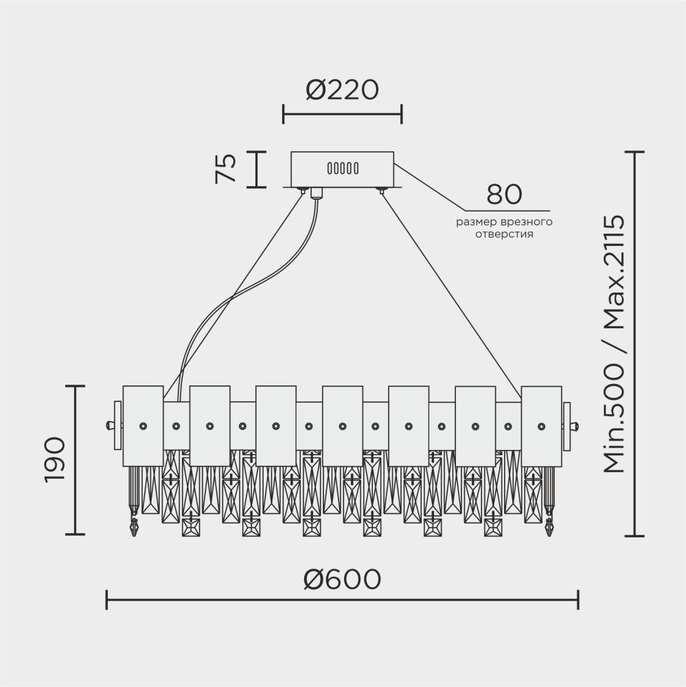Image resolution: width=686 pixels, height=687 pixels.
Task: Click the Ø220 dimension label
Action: pyautogui.click(x=342, y=90)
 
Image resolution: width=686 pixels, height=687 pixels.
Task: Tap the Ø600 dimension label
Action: pyautogui.click(x=342, y=579)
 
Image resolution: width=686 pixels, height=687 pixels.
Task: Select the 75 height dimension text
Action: pyautogui.click(x=226, y=169)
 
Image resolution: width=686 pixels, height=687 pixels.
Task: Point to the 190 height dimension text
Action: pyautogui.click(x=54, y=460)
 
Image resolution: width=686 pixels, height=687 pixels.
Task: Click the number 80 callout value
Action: pyautogui.click(x=505, y=195)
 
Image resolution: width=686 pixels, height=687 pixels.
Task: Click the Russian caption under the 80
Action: pyautogui.click(x=505, y=228)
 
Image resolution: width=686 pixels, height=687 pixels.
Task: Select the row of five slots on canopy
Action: pyautogui.click(x=343, y=168)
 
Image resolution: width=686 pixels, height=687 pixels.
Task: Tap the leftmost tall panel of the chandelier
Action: pyautogui.click(x=143, y=425)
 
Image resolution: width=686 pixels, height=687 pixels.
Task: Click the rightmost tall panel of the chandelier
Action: pyautogui.click(x=541, y=425)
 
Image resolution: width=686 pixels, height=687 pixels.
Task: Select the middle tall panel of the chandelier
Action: pyautogui.click(x=342, y=425)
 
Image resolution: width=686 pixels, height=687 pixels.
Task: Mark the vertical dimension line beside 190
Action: pyautogui.click(x=75, y=460)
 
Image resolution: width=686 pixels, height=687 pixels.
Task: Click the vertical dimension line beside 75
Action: pyautogui.click(x=256, y=169)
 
